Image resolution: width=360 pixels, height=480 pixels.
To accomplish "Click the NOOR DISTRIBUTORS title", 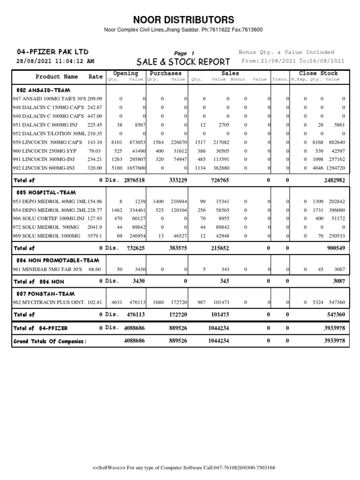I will click(183, 20).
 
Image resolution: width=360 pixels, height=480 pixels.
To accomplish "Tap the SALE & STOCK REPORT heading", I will click(183, 62).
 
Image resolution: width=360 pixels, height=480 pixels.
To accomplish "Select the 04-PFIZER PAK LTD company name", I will click(52, 52).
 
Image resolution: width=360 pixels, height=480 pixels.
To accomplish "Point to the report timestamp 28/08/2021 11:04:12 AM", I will click(55, 61).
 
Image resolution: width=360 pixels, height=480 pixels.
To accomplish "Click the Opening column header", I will click(126, 74).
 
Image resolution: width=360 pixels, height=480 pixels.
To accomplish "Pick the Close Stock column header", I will click(318, 74).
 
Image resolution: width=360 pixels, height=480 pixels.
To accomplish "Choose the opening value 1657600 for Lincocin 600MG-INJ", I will click(135, 168).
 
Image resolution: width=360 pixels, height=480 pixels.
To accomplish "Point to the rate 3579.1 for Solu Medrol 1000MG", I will click(95, 236).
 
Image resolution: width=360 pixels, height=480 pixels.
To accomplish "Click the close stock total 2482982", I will click(334, 180).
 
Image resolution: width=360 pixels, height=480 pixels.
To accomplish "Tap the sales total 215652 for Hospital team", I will click(218, 248).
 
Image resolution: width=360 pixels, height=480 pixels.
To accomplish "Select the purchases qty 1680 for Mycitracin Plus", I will click(158, 302).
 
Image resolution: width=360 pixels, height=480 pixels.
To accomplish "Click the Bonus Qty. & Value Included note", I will click(286, 52).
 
